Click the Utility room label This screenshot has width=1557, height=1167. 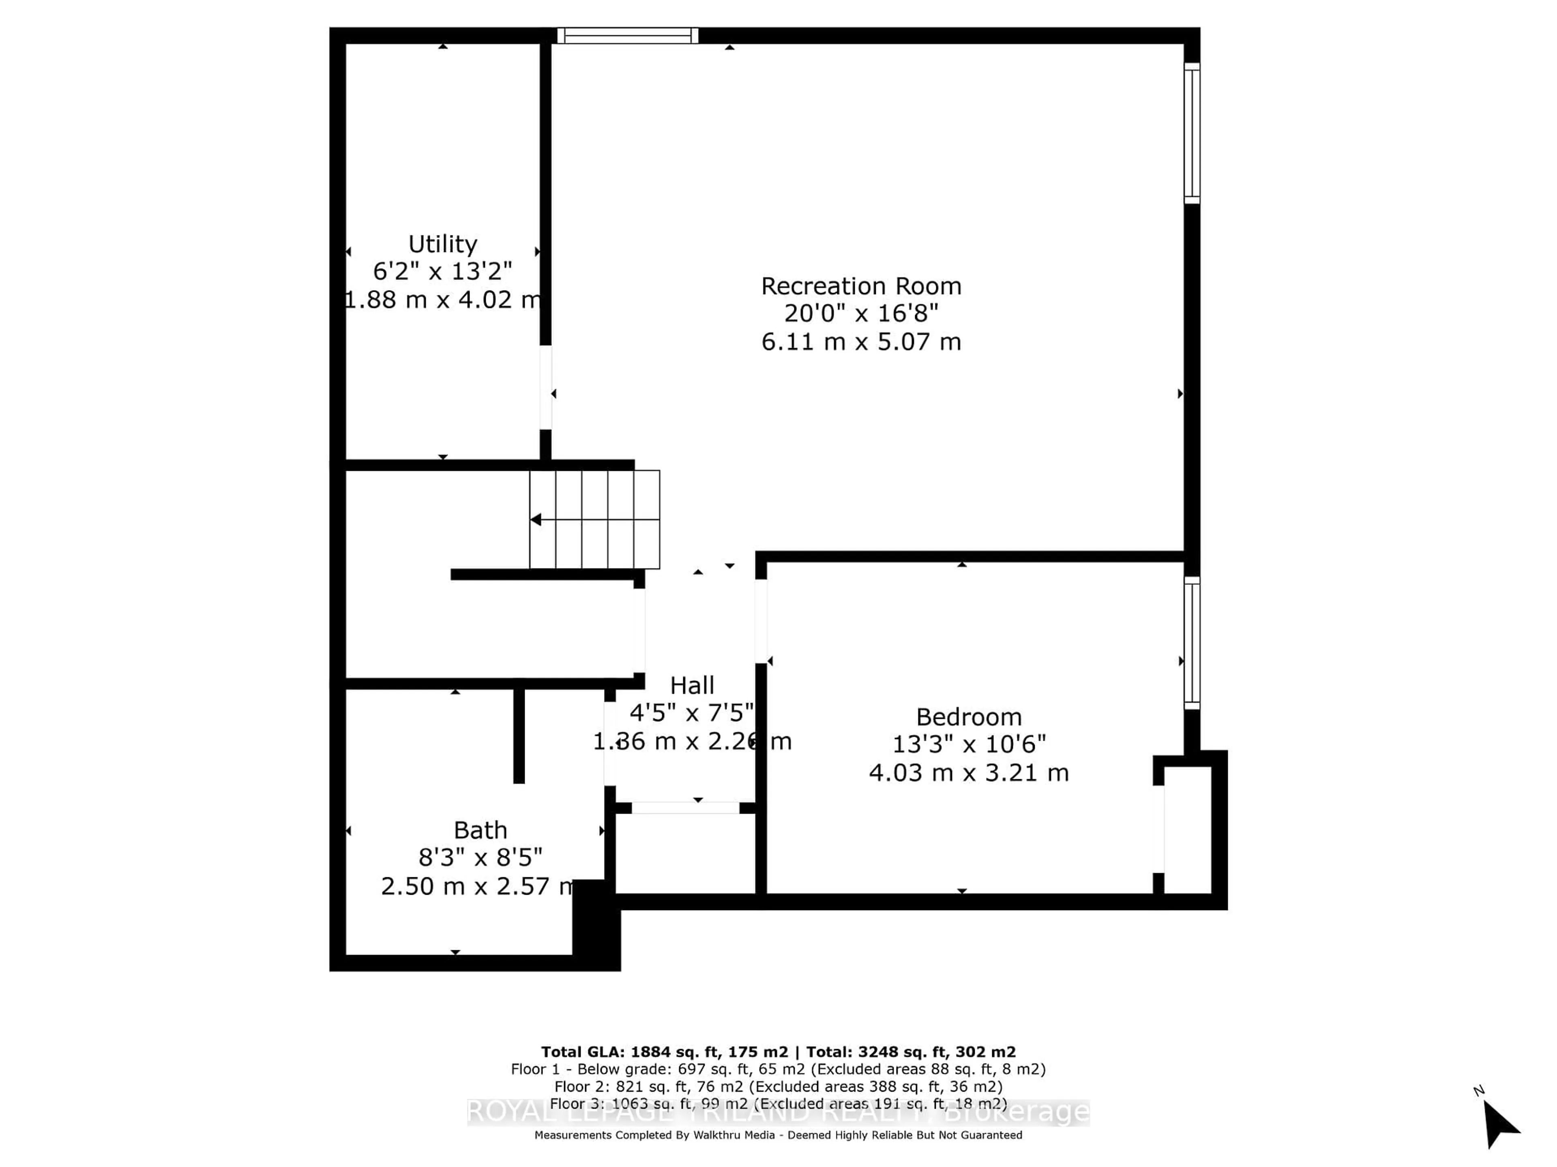tap(443, 244)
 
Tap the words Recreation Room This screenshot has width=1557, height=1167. tap(861, 286)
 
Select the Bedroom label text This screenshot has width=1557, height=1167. tap(969, 717)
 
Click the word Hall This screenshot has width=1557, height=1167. tap(692, 685)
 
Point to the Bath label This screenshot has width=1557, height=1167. tap(480, 830)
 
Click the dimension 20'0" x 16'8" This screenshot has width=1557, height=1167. tap(861, 314)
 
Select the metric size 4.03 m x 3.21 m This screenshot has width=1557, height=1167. tap(969, 772)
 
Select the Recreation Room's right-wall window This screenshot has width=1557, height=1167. tap(1192, 134)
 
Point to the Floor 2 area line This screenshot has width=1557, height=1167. tap(778, 1087)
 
